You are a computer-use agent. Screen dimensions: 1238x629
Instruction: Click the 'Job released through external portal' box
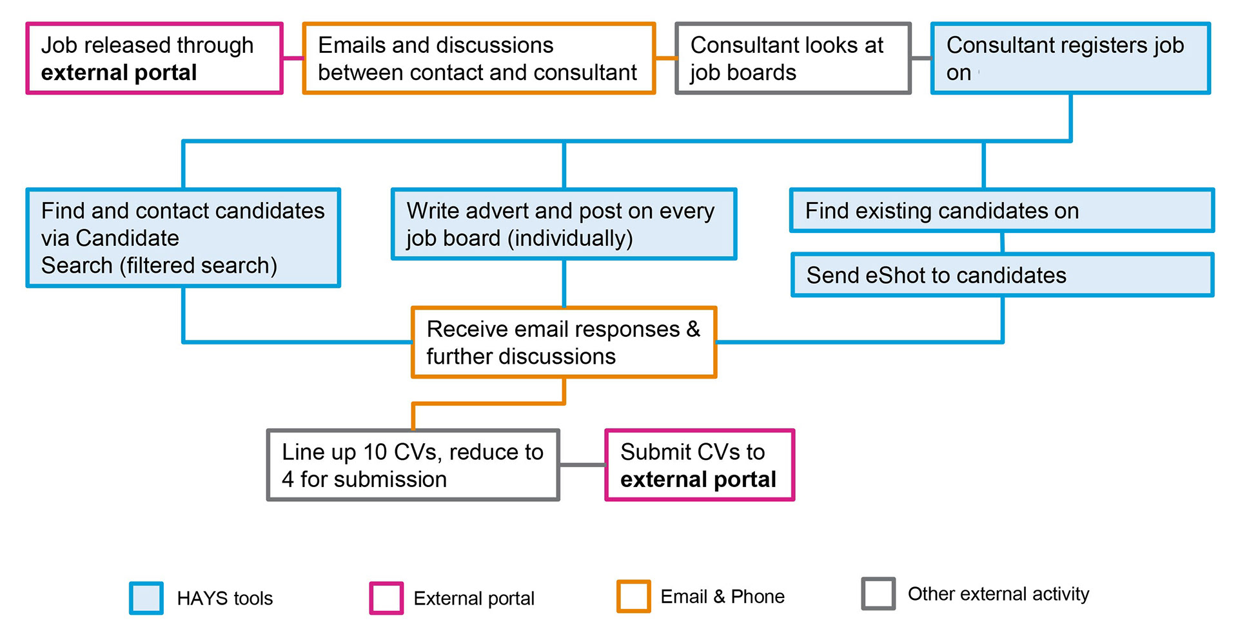[x=154, y=58]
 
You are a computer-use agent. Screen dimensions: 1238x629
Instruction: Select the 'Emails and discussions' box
[x=479, y=58]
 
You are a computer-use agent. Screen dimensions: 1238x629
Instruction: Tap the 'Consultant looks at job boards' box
[x=793, y=58]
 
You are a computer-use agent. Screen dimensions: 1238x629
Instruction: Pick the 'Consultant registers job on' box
[x=1070, y=58]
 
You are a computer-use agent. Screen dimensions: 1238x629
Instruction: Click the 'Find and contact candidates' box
[x=183, y=237]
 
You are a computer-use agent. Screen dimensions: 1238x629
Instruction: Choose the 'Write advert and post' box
[x=564, y=224]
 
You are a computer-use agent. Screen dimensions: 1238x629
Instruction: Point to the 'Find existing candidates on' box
[x=1002, y=210]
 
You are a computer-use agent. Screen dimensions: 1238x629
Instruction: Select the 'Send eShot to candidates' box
[x=1003, y=275]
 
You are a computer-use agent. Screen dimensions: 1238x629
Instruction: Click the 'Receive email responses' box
[x=564, y=342]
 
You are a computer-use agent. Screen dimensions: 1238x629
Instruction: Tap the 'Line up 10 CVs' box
[x=413, y=465]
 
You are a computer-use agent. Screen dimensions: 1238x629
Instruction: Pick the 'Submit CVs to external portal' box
[x=700, y=465]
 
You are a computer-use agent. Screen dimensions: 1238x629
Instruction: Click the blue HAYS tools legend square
[x=146, y=598]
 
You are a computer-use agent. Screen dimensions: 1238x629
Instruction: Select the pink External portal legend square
[x=386, y=598]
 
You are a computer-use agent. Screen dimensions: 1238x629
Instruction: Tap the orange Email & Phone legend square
[x=633, y=596]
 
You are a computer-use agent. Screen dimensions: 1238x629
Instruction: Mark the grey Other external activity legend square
[x=878, y=594]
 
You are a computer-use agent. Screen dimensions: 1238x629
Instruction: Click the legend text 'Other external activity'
[x=998, y=594]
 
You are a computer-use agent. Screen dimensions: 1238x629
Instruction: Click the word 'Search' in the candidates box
[x=77, y=265]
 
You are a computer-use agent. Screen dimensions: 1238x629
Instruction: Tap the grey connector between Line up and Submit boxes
[x=582, y=464]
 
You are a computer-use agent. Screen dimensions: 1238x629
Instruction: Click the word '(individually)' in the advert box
[x=570, y=239]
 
